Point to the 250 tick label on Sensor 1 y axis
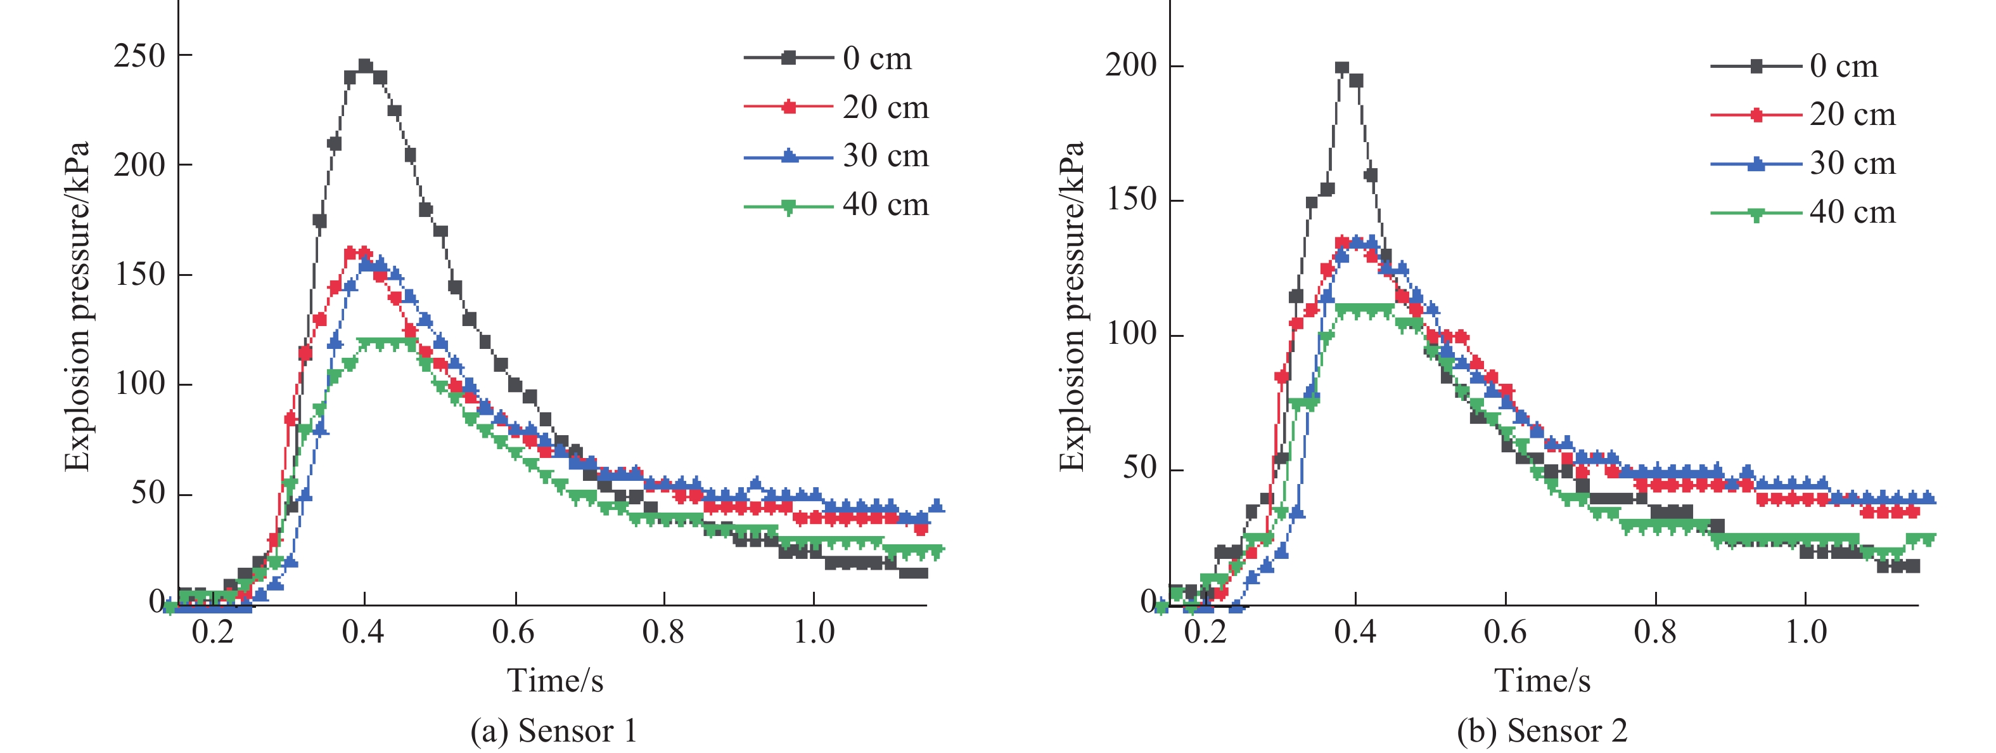[139, 56]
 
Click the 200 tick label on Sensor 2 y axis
[1131, 65]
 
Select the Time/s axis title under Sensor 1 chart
[555, 681]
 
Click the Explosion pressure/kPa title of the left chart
[77, 306]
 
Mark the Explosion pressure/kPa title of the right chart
[1071, 306]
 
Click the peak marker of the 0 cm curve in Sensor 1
[365, 66]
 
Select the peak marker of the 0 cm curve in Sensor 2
[1342, 69]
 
